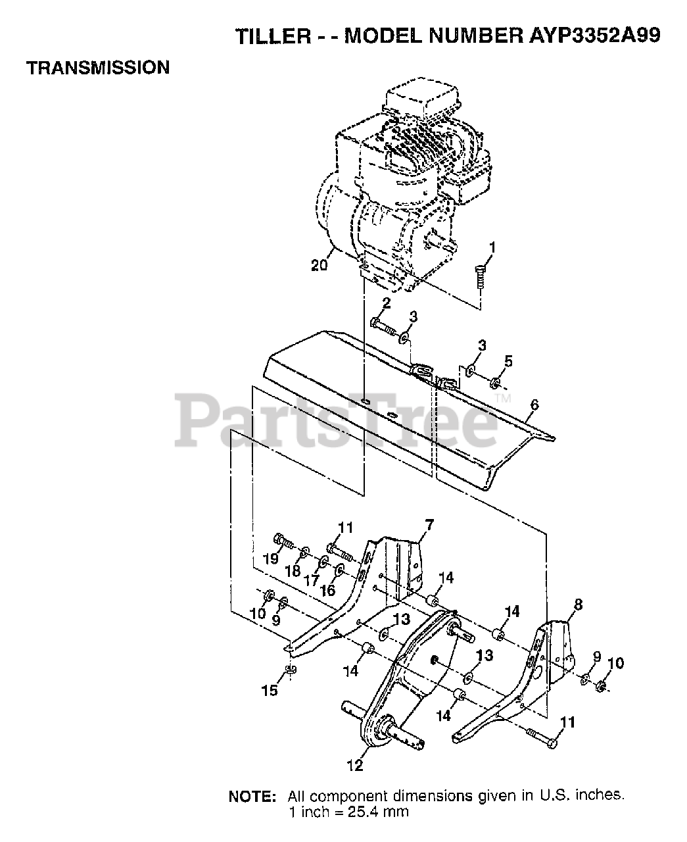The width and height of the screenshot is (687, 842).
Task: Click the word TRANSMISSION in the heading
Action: click(x=98, y=67)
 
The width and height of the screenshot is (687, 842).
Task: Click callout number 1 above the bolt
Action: click(x=492, y=247)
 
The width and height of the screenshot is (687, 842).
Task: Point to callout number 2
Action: click(x=386, y=303)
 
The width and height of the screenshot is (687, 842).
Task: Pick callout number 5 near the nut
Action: click(x=509, y=361)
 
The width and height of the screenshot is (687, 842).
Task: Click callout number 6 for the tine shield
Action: click(x=533, y=405)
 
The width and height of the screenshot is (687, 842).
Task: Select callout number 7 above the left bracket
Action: click(x=429, y=524)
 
